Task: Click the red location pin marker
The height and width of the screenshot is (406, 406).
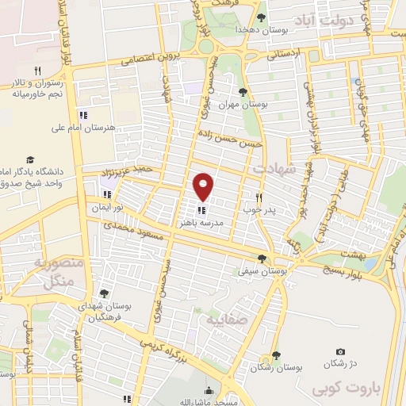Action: (204, 186)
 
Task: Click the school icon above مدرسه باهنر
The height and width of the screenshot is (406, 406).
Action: (201, 210)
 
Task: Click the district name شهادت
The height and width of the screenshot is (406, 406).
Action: (271, 170)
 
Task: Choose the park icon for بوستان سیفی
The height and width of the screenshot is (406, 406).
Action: (262, 259)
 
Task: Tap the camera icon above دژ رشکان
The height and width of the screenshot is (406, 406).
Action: (340, 351)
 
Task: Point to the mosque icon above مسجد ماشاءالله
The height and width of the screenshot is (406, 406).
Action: (209, 390)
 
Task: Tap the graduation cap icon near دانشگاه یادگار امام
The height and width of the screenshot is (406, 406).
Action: (30, 159)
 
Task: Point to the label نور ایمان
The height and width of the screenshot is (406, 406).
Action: (108, 207)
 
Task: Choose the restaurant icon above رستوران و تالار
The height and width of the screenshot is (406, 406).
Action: (37, 70)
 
